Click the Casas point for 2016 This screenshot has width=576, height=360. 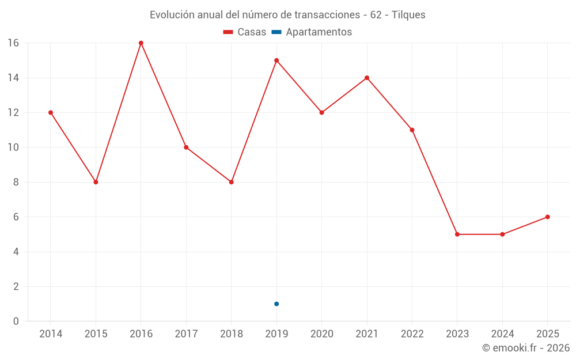(x=141, y=43)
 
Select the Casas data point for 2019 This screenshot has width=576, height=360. (x=276, y=60)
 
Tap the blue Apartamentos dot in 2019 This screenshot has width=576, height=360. (x=276, y=304)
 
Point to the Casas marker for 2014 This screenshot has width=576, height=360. (x=51, y=112)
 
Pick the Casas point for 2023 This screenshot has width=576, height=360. (x=457, y=234)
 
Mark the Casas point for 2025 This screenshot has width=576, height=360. (x=547, y=217)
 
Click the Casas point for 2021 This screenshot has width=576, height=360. (x=367, y=78)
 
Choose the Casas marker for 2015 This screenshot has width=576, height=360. (x=96, y=182)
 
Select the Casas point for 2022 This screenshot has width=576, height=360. (x=412, y=130)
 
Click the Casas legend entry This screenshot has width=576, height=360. (x=245, y=32)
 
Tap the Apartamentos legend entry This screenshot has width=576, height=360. (x=312, y=32)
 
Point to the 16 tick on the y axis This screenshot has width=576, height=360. (x=13, y=43)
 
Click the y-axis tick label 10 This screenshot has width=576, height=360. (x=13, y=147)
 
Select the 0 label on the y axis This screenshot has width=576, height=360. (x=16, y=321)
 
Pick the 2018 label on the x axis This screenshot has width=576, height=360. (x=231, y=334)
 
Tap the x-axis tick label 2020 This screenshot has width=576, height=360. (x=321, y=334)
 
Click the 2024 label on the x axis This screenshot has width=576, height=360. (x=502, y=334)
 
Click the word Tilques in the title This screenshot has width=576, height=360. (x=408, y=15)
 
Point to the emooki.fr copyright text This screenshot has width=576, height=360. (x=526, y=348)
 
